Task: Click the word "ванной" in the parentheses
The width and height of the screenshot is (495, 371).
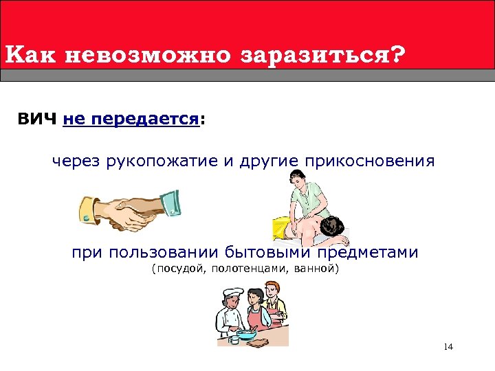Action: (316, 269)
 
